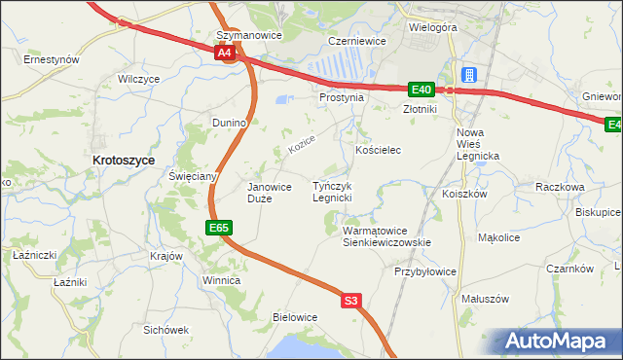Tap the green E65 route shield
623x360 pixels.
pos(218,228)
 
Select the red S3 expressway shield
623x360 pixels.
pos(351,302)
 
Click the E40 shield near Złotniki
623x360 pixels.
pos(421,90)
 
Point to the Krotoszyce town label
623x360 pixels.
pos(123,160)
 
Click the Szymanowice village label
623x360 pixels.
pos(248,35)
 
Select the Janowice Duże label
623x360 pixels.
pos(270,192)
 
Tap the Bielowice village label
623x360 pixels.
pos(295,317)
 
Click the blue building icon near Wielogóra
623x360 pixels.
pos(468,74)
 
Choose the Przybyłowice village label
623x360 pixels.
pos(425,272)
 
